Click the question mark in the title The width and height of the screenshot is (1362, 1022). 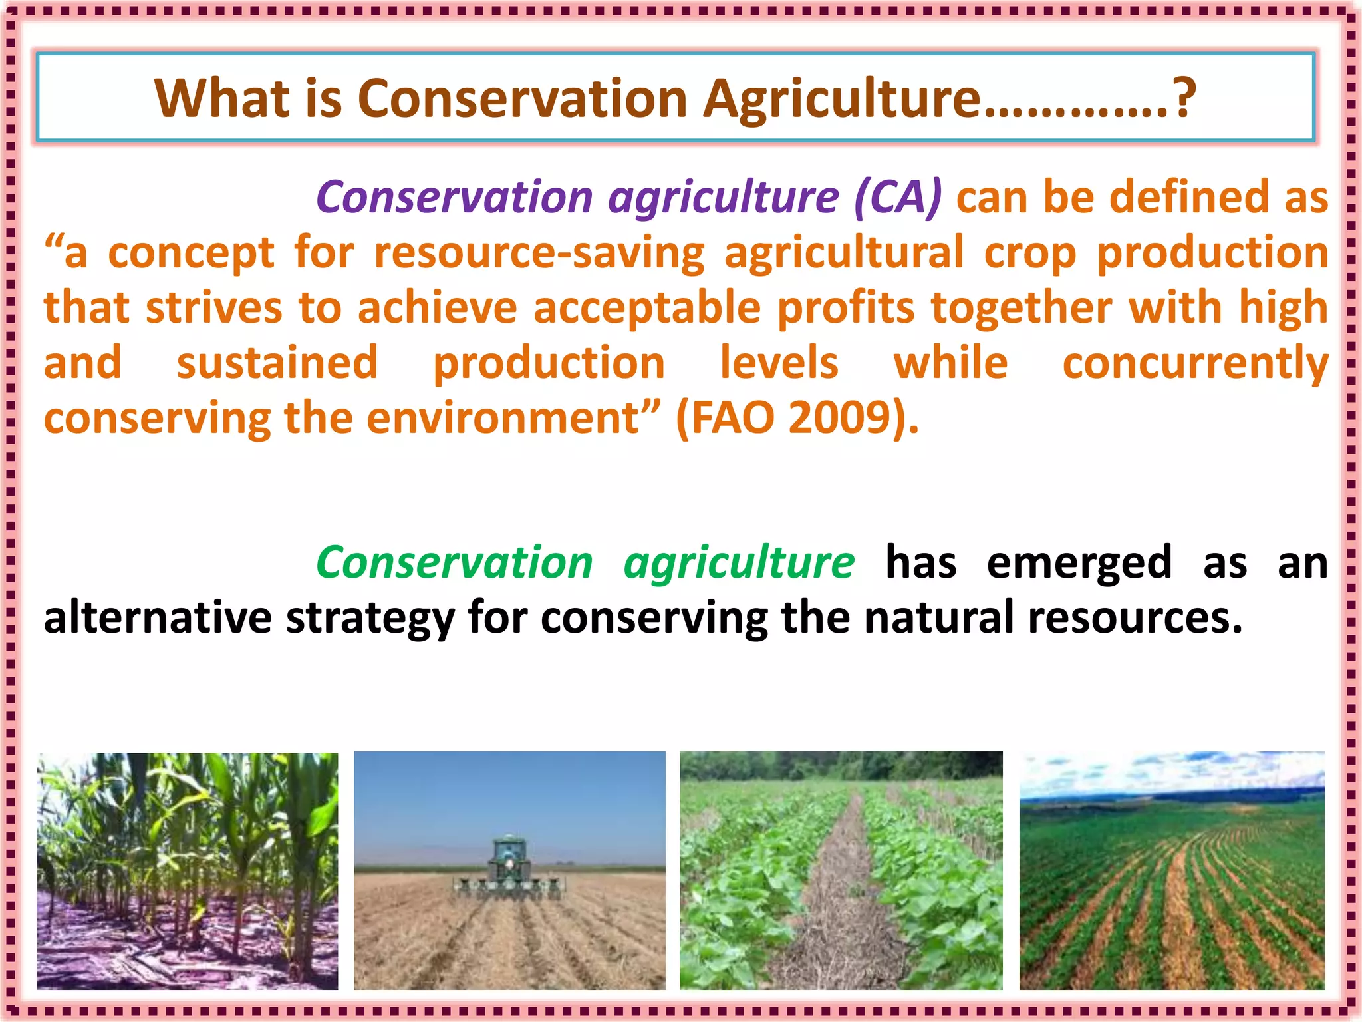(x=1184, y=98)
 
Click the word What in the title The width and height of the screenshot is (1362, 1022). (x=222, y=98)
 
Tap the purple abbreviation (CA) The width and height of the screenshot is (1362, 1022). (x=897, y=198)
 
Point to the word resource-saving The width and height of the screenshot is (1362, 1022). (x=539, y=254)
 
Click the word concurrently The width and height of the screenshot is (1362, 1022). (x=1194, y=364)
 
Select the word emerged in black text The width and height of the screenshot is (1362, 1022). (x=1079, y=562)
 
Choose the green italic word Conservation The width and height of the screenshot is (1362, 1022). (x=454, y=562)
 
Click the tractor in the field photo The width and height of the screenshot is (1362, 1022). (x=509, y=865)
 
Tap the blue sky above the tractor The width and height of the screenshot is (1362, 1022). (x=509, y=792)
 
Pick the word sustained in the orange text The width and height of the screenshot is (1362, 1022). (x=277, y=364)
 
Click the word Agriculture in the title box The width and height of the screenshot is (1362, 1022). (x=841, y=98)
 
